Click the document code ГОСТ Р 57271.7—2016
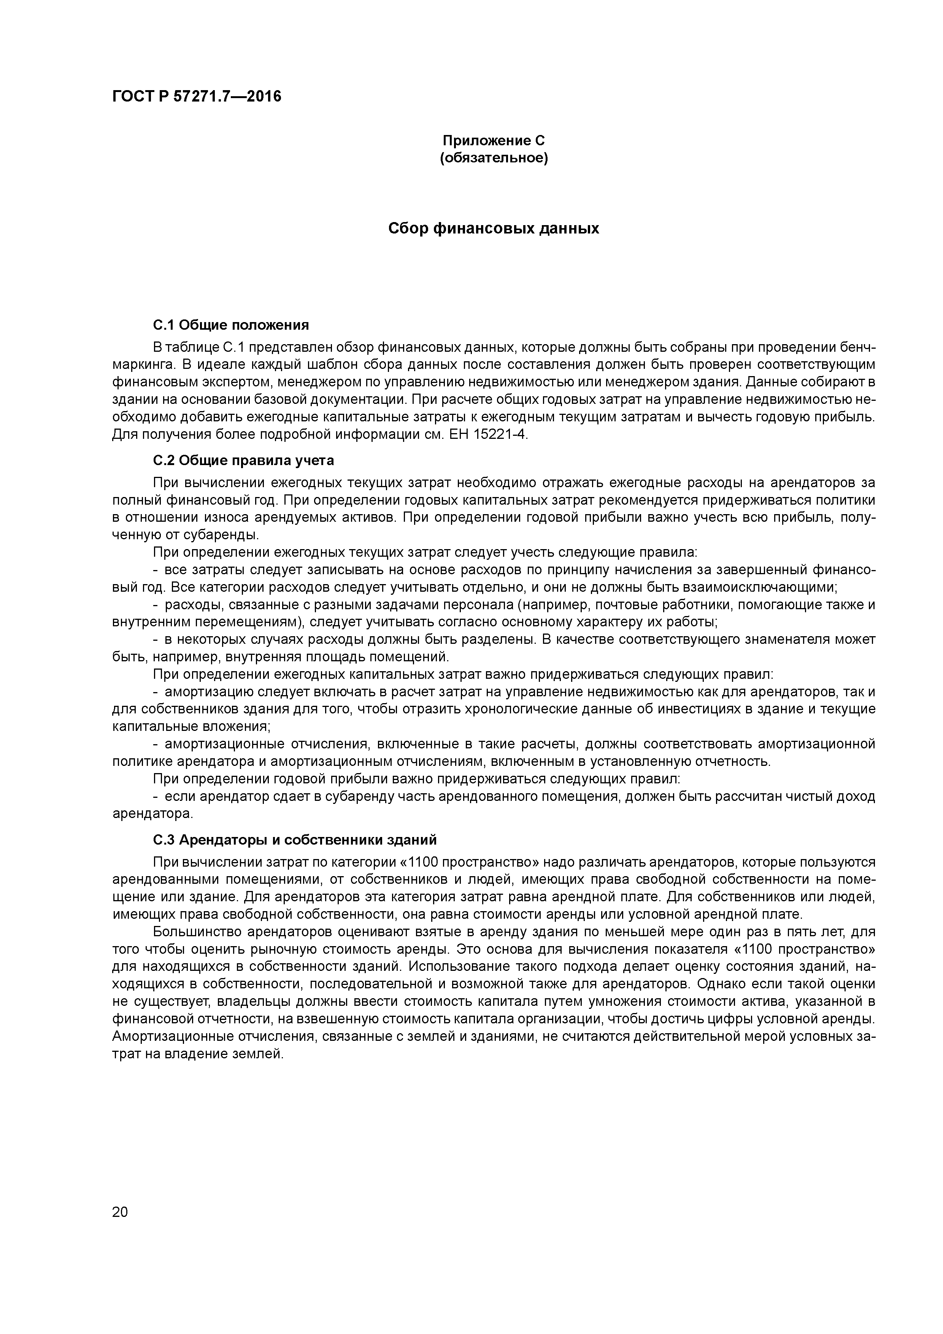196,97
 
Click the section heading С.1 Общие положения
231,324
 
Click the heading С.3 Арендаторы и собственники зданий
295,840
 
